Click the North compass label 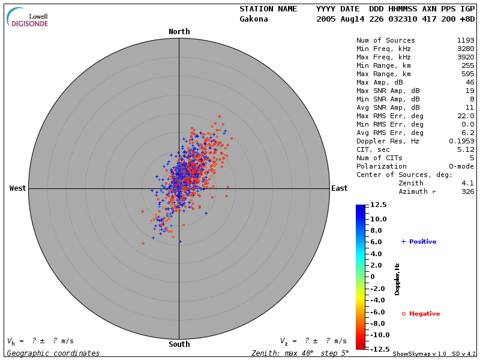point(179,32)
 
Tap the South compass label point(179,344)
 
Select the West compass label point(18,188)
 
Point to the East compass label point(339,188)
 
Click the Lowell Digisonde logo point(29,18)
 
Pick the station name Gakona point(254,19)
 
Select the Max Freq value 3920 point(466,58)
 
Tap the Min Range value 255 point(468,66)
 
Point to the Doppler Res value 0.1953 point(461,141)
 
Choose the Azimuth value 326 point(468,191)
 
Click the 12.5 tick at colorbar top point(378,205)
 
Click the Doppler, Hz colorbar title point(397,278)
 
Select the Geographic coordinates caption point(53,353)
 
